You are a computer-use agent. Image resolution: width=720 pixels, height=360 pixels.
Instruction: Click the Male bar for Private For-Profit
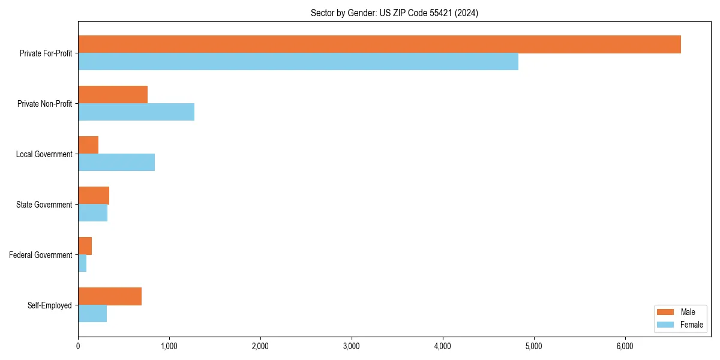tap(379, 44)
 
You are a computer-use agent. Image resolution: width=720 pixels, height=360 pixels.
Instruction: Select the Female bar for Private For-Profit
tap(298, 62)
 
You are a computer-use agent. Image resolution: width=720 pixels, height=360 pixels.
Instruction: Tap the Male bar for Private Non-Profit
tap(113, 95)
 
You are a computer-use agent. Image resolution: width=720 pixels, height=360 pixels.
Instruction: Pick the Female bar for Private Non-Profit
tap(136, 112)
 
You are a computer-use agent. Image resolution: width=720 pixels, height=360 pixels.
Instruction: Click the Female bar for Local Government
tap(116, 163)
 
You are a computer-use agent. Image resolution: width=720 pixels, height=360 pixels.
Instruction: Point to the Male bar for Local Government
tap(88, 145)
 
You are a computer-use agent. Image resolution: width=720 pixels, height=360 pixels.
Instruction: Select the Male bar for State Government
tap(94, 196)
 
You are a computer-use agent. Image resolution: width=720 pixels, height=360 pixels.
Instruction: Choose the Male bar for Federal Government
tap(85, 246)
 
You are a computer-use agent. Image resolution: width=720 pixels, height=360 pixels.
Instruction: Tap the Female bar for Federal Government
tap(82, 263)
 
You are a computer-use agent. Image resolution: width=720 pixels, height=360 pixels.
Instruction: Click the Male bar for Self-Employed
tap(110, 296)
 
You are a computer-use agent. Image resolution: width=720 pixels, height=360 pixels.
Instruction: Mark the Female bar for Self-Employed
tap(92, 314)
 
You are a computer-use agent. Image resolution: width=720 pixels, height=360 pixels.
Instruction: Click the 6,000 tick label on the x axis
tap(625, 346)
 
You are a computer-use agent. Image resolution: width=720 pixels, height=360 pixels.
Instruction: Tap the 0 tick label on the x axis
tap(78, 346)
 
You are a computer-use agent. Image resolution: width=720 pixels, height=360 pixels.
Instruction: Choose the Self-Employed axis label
tap(50, 305)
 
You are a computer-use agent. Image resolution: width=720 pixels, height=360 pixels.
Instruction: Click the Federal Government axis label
tap(41, 255)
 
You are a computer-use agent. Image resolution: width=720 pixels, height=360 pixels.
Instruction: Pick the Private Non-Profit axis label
tap(44, 104)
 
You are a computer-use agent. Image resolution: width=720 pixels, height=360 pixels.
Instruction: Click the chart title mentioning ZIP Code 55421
tap(394, 13)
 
